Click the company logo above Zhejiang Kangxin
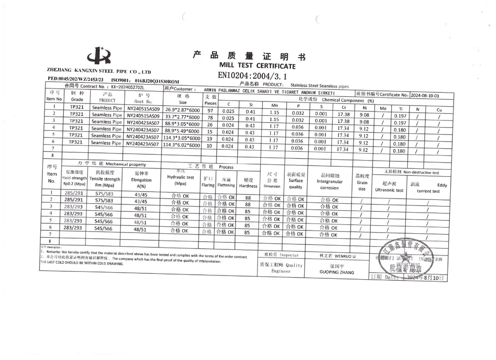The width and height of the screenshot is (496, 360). tap(101, 55)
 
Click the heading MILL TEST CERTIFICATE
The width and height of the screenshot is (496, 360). tap(257, 66)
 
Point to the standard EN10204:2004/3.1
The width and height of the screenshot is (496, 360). tap(252, 75)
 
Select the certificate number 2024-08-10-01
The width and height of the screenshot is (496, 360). tap(425, 95)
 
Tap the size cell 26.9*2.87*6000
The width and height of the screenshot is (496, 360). tap(182, 110)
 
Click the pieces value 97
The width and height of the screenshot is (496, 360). tap(210, 110)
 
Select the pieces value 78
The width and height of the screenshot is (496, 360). tap(210, 117)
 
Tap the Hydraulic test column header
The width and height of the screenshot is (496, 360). tap(180, 180)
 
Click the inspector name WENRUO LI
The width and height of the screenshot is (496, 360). tap(337, 256)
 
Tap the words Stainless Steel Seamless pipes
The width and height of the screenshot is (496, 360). tap(320, 86)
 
